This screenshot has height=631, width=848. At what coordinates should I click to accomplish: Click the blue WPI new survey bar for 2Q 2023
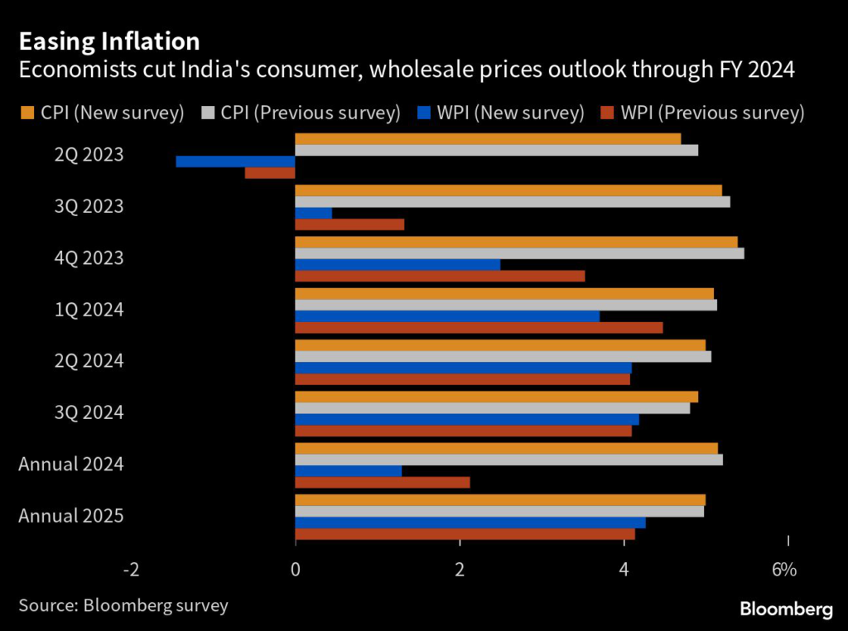point(235,161)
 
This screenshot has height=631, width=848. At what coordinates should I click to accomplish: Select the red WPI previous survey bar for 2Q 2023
point(270,173)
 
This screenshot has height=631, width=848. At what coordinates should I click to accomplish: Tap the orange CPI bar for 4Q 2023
point(516,242)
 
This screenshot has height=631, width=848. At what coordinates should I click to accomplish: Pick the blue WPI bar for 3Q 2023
point(314,213)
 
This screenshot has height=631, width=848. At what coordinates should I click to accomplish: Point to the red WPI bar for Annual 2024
point(383,482)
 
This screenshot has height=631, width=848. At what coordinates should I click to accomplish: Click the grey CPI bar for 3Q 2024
point(493,407)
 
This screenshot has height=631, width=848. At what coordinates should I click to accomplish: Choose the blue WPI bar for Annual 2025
point(470,523)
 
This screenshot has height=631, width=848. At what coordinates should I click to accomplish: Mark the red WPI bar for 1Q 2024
point(479,327)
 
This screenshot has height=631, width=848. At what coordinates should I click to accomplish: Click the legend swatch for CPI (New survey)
point(26,113)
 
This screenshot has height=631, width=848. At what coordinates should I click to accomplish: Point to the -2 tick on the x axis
point(130,570)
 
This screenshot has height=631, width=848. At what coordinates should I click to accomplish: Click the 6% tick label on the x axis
point(784,570)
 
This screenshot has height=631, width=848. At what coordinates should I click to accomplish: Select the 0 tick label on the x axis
point(296,570)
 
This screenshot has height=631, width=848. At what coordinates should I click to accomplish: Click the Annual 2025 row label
point(71,516)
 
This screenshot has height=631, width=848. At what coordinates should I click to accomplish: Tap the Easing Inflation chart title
point(109,41)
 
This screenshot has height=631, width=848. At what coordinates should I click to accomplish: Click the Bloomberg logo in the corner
point(786,609)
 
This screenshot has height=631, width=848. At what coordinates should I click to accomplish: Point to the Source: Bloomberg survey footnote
point(123,605)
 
